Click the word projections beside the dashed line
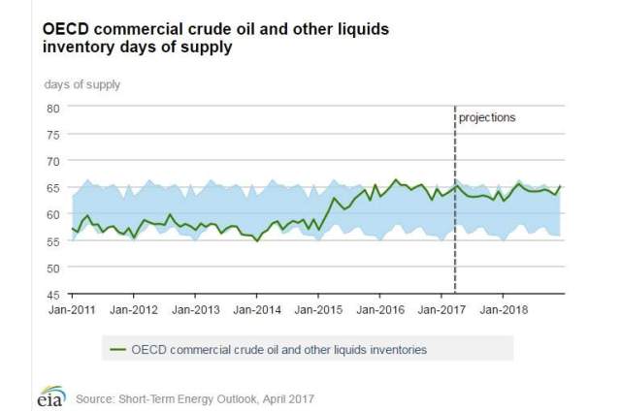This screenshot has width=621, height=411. coord(487,117)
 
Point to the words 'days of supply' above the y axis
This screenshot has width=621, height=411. coord(82,83)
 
